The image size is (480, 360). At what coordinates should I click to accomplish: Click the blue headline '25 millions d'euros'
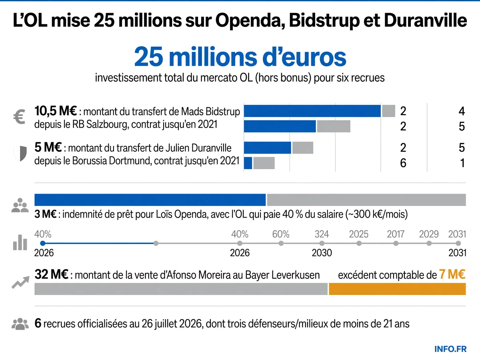point(240,57)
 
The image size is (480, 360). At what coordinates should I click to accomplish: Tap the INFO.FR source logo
point(450,349)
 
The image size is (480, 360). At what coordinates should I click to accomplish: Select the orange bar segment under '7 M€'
point(397,289)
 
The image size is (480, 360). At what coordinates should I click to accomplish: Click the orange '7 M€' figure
point(452,274)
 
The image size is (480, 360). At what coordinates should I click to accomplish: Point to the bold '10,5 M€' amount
point(56,111)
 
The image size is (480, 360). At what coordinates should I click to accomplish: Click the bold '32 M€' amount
point(51,274)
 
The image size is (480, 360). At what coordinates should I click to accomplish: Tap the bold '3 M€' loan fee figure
point(45,214)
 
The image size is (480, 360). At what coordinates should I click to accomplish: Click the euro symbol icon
point(19,117)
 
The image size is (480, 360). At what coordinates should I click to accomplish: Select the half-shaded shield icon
point(20,154)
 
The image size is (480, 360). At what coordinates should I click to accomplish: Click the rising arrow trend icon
point(20,282)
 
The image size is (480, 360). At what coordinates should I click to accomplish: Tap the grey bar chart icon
point(20,242)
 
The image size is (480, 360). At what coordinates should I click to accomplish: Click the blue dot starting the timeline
point(43,243)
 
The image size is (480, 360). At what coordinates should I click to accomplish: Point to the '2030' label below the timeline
point(322,253)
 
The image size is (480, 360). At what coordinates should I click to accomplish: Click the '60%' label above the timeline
point(281,234)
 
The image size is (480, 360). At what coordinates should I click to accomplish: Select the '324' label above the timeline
point(322,234)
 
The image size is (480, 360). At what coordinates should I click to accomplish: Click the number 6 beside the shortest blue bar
point(403,163)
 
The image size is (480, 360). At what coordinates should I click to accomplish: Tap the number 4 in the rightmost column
point(462,111)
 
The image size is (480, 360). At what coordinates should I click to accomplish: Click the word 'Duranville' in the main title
point(425,20)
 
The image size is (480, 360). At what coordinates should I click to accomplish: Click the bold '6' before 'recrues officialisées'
point(38,323)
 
